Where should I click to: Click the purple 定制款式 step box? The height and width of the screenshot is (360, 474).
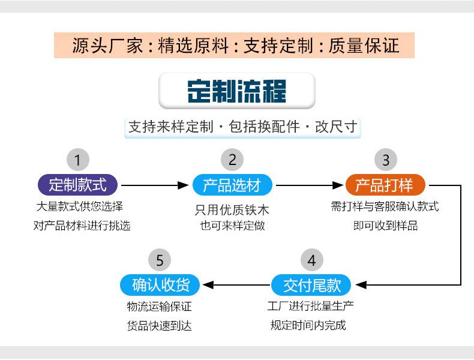(77, 185)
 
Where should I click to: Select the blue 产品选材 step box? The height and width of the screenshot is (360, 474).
(232, 185)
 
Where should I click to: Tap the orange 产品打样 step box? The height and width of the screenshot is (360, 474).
(385, 185)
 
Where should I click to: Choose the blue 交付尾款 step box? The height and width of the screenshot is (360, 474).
(311, 285)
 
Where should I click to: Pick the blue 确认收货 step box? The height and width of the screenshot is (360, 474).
(160, 285)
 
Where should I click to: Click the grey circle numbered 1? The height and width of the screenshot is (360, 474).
(77, 160)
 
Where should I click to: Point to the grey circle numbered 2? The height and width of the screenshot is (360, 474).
(232, 160)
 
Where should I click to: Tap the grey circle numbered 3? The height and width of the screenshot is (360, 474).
(386, 160)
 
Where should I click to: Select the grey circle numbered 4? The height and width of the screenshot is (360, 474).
(311, 260)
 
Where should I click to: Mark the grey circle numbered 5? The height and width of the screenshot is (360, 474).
(160, 260)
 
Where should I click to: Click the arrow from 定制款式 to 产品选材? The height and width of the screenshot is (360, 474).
(155, 185)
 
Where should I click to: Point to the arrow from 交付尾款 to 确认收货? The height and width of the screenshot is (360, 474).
(236, 285)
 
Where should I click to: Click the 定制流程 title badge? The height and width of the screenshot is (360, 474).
(237, 91)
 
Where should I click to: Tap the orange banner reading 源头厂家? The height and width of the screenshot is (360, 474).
(234, 46)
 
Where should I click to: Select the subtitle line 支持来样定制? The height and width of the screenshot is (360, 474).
(243, 127)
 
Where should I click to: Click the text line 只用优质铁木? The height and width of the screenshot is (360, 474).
(232, 210)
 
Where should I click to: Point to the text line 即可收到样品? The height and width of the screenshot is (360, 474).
(385, 226)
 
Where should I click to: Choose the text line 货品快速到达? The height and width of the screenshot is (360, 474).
(160, 326)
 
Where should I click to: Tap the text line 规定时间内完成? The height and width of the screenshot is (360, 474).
(308, 325)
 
